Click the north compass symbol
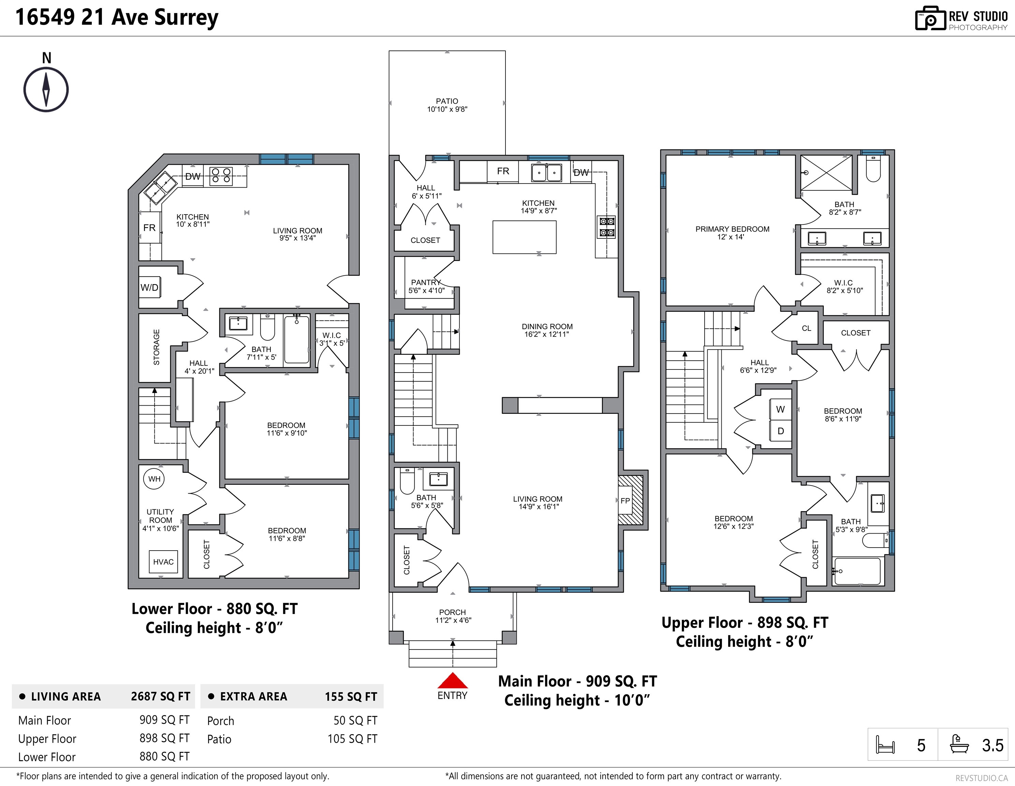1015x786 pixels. point(46,89)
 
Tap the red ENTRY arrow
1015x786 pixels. point(452,681)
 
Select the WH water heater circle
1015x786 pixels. point(154,479)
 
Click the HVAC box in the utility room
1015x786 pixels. point(163,562)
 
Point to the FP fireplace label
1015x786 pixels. point(625,500)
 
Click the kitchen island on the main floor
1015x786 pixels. point(524,237)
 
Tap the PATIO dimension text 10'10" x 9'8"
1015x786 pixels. point(447,109)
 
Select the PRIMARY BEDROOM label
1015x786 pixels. point(732,229)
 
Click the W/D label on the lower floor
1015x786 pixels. point(149,287)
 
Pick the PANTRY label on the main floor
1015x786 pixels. point(426,282)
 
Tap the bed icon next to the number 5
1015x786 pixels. point(885,745)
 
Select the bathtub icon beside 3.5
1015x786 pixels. point(959,744)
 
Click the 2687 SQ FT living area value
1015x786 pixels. point(160,696)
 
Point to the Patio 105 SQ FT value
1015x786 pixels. point(352,739)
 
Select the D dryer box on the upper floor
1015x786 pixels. point(780,431)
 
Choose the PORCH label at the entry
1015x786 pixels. point(452,612)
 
